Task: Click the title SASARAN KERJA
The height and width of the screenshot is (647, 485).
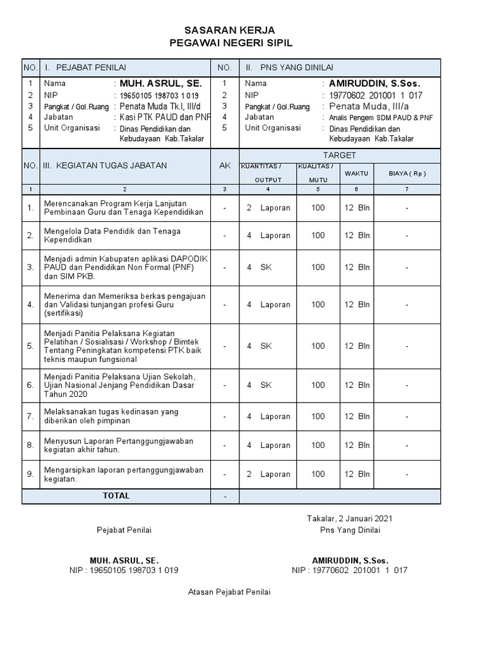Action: (230, 30)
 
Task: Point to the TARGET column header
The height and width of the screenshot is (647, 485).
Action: (340, 155)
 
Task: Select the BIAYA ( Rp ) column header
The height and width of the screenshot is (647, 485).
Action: (407, 172)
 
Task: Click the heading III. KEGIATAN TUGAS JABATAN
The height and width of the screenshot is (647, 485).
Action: (105, 166)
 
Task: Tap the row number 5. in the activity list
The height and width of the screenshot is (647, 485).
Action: (30, 346)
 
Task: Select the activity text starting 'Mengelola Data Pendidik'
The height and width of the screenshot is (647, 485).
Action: (112, 236)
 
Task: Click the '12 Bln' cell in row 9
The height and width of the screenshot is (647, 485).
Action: (357, 474)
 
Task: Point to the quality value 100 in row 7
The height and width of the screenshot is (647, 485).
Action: (318, 416)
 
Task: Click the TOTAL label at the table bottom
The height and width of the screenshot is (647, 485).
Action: (116, 496)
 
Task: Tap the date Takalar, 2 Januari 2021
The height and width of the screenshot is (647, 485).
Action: (350, 518)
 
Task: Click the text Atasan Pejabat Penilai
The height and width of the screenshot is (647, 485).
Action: (229, 592)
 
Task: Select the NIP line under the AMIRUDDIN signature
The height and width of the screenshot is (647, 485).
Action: (350, 570)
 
